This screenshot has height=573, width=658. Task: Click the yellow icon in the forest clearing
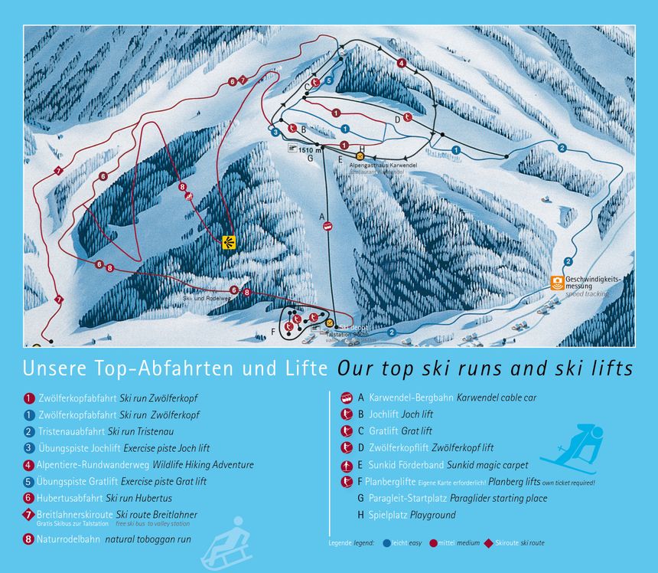click(228, 242)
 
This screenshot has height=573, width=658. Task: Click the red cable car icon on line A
click(327, 226)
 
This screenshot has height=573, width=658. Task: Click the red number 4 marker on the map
click(402, 64)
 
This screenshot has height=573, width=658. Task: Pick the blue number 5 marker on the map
click(328, 80)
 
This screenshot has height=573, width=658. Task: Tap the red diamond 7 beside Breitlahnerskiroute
click(29, 515)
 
